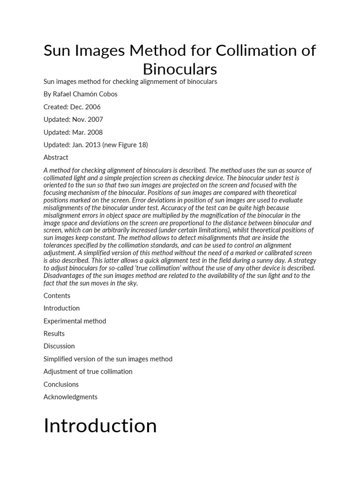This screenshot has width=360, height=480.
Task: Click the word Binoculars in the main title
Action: (x=180, y=69)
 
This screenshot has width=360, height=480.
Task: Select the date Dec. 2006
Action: (x=85, y=107)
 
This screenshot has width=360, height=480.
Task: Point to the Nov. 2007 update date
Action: (x=88, y=120)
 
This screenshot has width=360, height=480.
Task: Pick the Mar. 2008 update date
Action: (x=87, y=132)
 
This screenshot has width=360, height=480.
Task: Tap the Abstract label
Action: (x=56, y=157)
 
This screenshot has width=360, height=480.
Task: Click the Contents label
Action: (x=57, y=295)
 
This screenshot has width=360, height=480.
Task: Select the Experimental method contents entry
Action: (x=75, y=321)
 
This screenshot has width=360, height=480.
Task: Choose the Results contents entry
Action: (x=54, y=334)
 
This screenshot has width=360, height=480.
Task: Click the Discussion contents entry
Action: (x=59, y=346)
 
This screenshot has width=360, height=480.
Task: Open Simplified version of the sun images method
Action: (x=108, y=359)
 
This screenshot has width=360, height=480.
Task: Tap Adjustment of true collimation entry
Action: (x=88, y=372)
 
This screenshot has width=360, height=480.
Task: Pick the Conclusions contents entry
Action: (x=61, y=384)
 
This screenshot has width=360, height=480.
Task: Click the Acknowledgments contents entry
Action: (x=70, y=397)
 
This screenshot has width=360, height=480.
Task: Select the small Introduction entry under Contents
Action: (x=61, y=308)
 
